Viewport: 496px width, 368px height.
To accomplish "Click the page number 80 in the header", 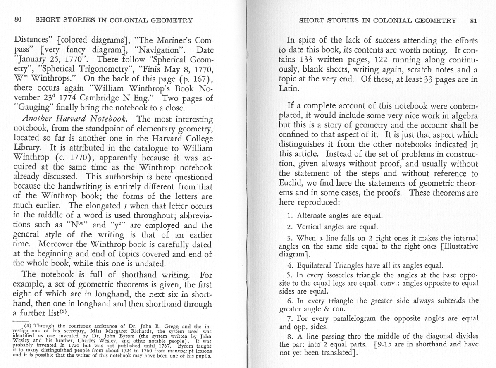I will [x=18, y=20].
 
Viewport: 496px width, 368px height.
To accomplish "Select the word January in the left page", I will [x=32, y=60].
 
